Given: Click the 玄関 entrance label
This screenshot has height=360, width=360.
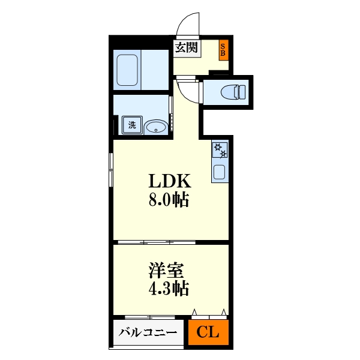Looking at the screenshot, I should (x=186, y=48).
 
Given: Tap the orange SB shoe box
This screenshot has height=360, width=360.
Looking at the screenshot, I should (x=223, y=50).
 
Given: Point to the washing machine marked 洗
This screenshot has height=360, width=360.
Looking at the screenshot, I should (x=131, y=125).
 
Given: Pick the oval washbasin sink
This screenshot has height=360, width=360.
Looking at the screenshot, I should (x=156, y=126).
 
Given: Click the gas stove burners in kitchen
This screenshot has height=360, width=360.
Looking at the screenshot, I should (x=219, y=150).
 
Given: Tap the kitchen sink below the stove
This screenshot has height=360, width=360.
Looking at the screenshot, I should (x=219, y=173).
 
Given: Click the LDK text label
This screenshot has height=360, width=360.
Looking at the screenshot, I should (x=169, y=181).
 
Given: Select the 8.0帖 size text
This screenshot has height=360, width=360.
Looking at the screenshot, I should (x=169, y=200).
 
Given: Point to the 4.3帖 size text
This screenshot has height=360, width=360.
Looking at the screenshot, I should (x=169, y=289).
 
